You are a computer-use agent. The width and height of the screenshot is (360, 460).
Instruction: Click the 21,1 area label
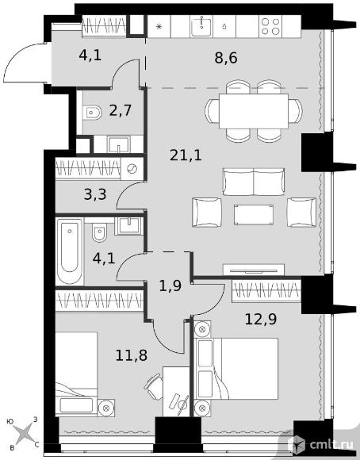[186, 155]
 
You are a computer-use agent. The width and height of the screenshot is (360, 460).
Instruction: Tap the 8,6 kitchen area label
[226, 58]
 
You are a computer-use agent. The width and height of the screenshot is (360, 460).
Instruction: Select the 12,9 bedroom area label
[261, 319]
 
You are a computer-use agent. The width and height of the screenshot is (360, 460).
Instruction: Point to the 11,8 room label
[131, 355]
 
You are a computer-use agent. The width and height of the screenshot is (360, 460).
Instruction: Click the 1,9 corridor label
[170, 286]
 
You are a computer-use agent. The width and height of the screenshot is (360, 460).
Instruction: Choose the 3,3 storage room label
[95, 194]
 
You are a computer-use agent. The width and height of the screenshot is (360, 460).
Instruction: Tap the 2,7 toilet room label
[121, 111]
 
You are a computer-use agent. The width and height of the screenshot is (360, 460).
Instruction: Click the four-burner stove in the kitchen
[270, 26]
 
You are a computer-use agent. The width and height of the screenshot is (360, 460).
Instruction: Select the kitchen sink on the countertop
[201, 26]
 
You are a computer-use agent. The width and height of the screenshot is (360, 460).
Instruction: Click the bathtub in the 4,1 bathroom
[70, 251]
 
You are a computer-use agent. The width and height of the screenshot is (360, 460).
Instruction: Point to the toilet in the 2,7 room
[92, 113]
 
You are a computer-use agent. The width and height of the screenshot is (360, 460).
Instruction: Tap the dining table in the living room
[254, 111]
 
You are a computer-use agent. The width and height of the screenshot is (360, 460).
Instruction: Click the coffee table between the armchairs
[254, 214]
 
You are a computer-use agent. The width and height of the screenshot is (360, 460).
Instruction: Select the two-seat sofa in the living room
[254, 182]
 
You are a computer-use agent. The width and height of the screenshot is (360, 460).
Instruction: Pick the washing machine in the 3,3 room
[132, 168]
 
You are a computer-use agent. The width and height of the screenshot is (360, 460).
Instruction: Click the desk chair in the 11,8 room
[154, 387]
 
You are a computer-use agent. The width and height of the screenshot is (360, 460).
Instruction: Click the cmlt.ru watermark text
[331, 445]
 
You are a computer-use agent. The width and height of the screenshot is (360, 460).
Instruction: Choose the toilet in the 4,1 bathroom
[99, 232]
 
